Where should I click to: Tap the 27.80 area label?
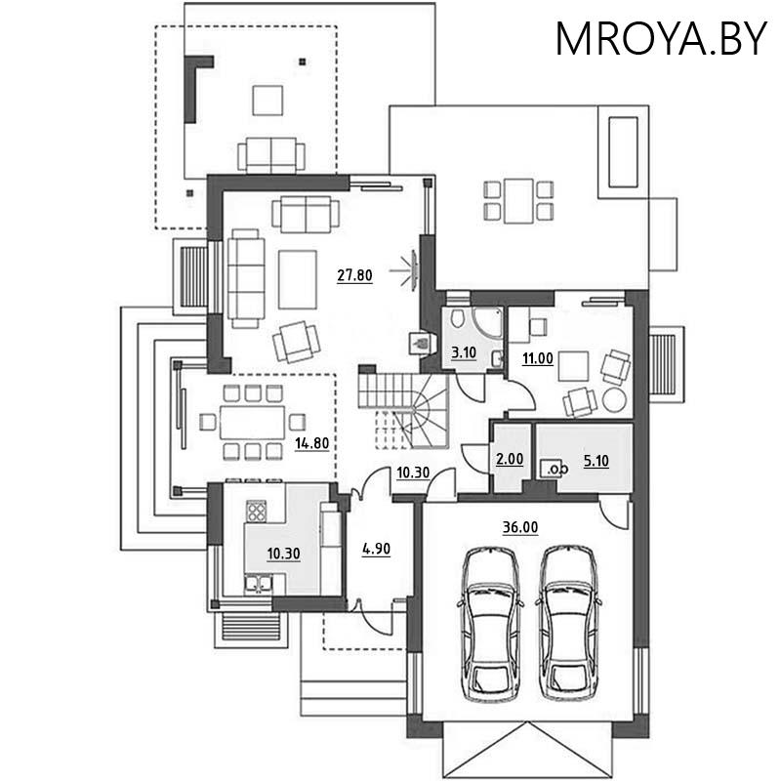354,275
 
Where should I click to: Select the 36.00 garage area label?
521,527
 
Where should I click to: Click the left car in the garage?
491,621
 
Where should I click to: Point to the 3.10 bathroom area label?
463,352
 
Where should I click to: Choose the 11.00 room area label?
539,358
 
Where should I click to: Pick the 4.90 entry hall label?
376,549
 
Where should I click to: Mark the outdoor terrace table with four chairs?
517,198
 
